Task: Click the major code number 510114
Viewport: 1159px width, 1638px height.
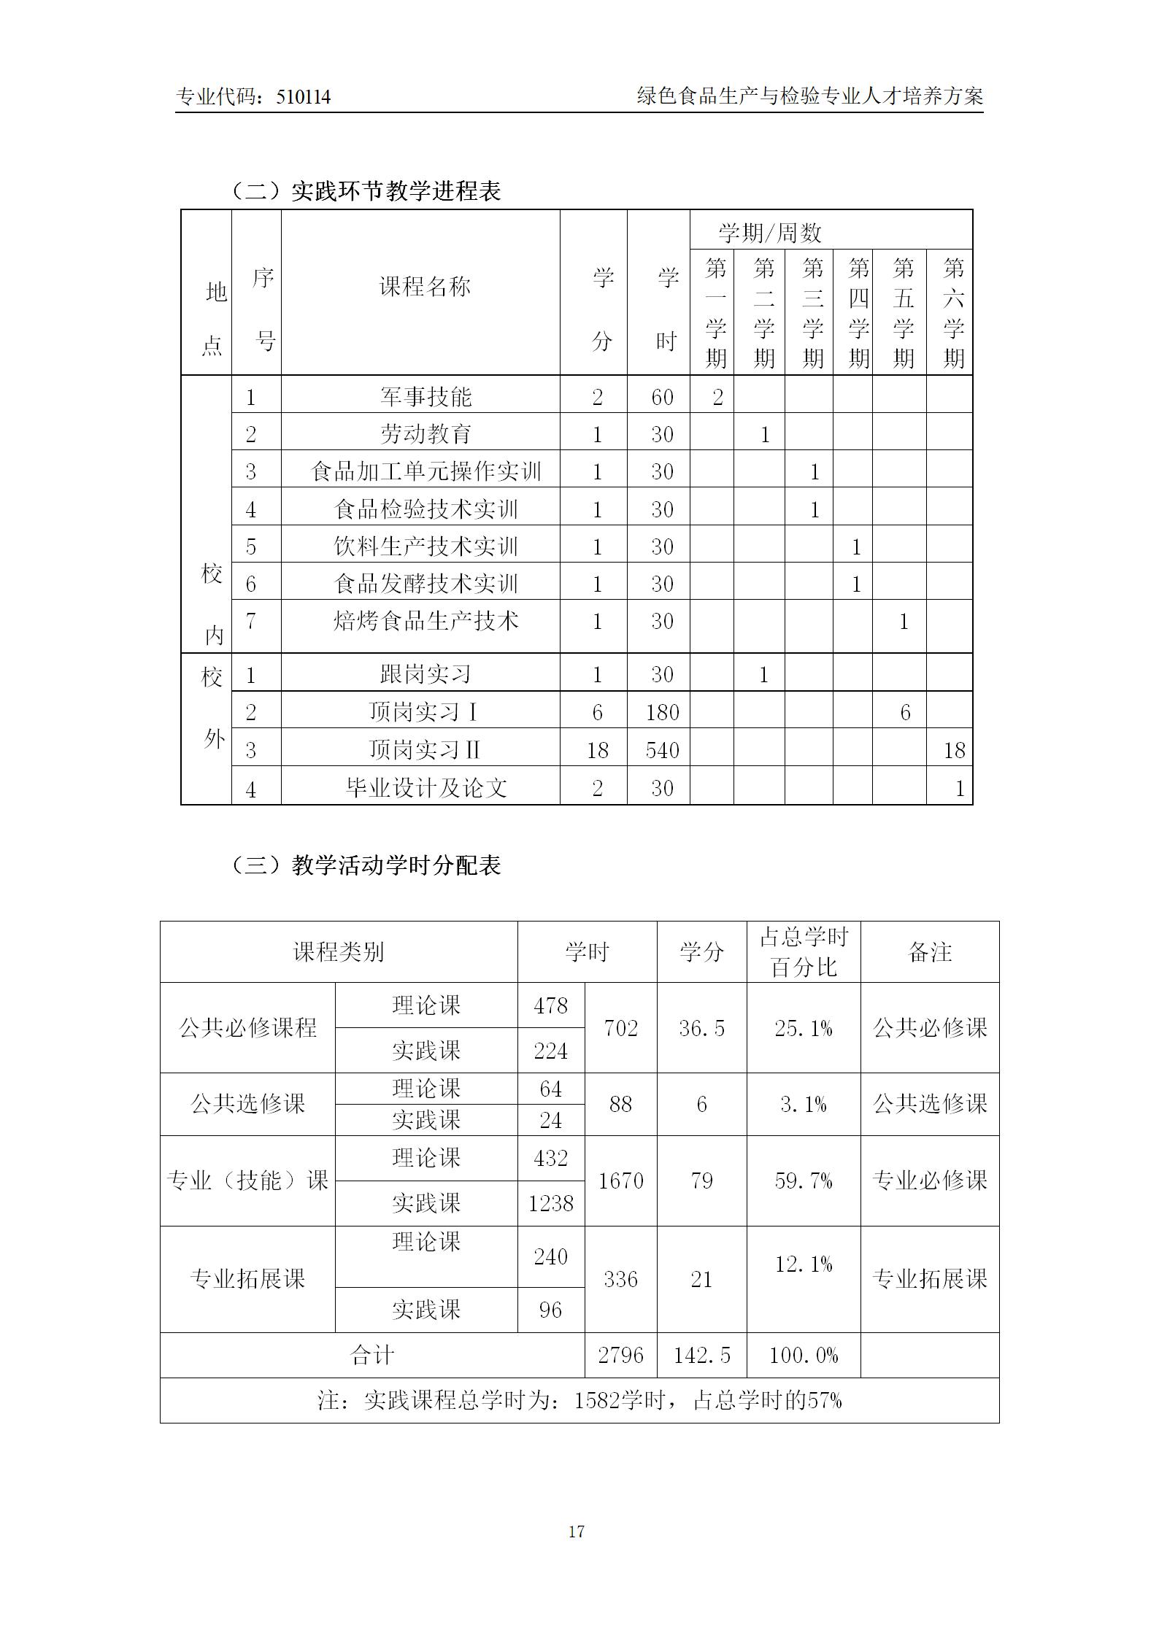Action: pyautogui.click(x=304, y=97)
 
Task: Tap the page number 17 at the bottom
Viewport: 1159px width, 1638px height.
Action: pyautogui.click(x=577, y=1531)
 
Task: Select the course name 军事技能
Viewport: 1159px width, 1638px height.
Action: pyautogui.click(x=426, y=397)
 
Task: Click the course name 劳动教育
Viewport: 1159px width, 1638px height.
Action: pyautogui.click(x=426, y=434)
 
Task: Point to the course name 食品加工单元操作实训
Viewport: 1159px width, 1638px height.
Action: pyautogui.click(x=426, y=471)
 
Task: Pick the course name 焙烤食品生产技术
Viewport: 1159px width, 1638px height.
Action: pyautogui.click(x=426, y=621)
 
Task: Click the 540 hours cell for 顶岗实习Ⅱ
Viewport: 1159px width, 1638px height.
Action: pyautogui.click(x=662, y=750)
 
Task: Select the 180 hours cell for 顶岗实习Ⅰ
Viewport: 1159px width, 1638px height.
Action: pyautogui.click(x=662, y=712)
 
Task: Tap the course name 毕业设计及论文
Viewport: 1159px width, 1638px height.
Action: pyautogui.click(x=426, y=788)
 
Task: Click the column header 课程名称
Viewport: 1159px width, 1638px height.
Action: pyautogui.click(x=425, y=287)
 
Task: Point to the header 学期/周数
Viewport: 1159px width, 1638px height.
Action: pyautogui.click(x=770, y=233)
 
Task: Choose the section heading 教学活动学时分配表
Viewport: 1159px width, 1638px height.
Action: pyautogui.click(x=396, y=865)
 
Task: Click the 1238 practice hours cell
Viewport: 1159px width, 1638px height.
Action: pyautogui.click(x=551, y=1203)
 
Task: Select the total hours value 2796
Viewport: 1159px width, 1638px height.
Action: pyautogui.click(x=620, y=1356)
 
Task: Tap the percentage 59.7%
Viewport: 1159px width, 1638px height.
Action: pyautogui.click(x=803, y=1181)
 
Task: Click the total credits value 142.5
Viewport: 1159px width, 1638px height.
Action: pyautogui.click(x=701, y=1356)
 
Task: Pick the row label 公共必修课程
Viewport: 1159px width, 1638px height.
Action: pyautogui.click(x=247, y=1028)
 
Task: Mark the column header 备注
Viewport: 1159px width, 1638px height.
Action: pyautogui.click(x=929, y=952)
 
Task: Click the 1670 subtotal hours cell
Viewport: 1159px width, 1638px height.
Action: pyautogui.click(x=620, y=1181)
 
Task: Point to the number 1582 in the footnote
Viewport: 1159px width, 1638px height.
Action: pyautogui.click(x=596, y=1400)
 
